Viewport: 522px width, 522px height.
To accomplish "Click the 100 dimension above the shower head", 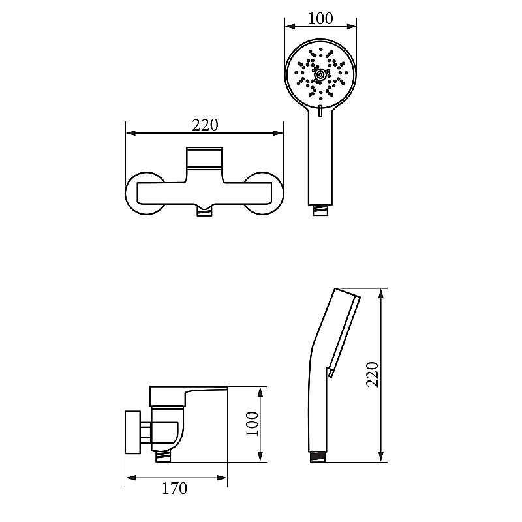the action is tap(320, 19).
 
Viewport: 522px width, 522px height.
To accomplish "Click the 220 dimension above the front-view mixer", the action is tap(205, 125).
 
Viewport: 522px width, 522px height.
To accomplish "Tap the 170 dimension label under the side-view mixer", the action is tap(174, 488).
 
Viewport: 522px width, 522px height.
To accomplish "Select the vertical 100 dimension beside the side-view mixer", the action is tap(252, 423).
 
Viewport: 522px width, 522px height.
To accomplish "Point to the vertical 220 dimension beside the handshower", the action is tap(373, 375).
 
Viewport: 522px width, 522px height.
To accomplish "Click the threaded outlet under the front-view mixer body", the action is tap(204, 211).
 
